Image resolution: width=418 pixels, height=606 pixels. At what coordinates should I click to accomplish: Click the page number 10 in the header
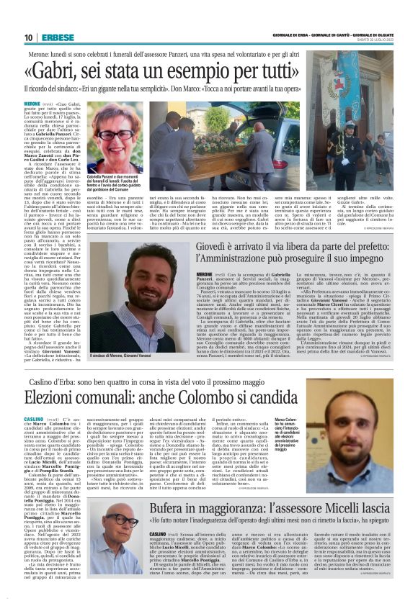tap(28, 37)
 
